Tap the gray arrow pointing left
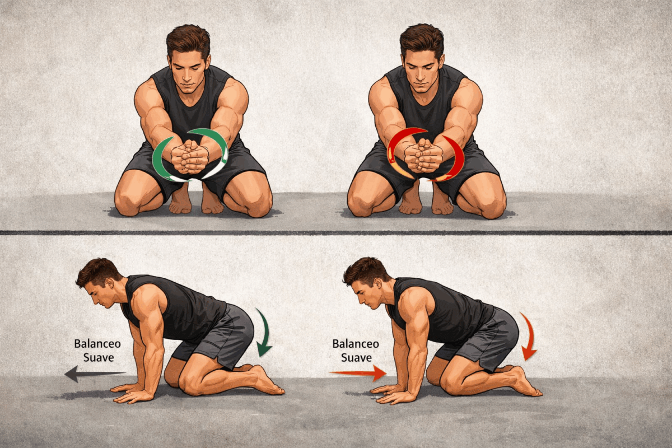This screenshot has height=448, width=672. click(95, 374)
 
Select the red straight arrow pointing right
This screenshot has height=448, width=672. click(358, 373)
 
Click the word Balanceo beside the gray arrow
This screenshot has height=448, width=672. click(97, 344)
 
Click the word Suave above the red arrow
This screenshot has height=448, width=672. click(356, 358)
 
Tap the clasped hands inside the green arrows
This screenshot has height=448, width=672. click(189, 157)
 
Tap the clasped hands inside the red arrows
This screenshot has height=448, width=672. click(423, 156)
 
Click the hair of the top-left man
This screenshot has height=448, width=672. click(188, 40)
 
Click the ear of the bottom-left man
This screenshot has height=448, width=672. click(110, 284)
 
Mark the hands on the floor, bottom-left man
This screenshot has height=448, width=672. click(132, 393)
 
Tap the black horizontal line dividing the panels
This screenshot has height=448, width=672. click(336, 232)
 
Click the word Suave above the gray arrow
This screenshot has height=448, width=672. click(99, 358)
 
